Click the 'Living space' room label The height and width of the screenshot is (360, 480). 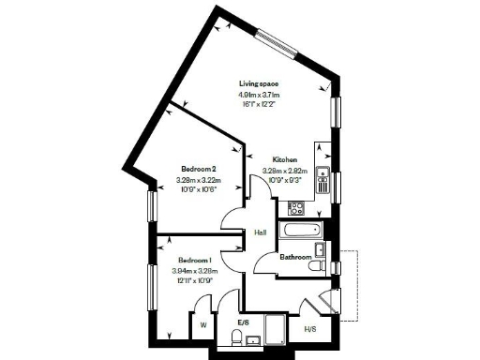[259, 82]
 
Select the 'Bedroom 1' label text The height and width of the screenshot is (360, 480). [194, 261]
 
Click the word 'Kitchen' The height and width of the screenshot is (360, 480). [286, 159]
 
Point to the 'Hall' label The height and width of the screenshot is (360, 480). [262, 232]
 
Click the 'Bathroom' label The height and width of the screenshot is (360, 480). [296, 256]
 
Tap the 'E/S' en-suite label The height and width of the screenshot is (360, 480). [244, 322]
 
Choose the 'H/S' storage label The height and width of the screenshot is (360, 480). [309, 329]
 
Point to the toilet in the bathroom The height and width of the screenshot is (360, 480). [319, 267]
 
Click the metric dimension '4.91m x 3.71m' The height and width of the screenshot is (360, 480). [259, 95]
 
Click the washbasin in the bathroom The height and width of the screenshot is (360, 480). [321, 248]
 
